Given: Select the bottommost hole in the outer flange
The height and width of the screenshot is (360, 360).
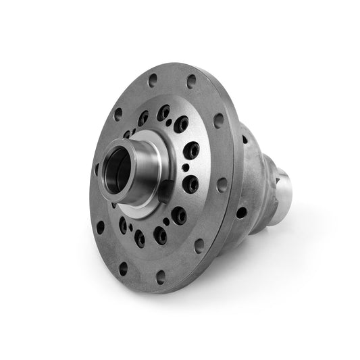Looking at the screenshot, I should tap(160, 276).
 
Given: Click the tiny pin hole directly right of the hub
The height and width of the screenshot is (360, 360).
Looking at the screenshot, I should tap(185, 168).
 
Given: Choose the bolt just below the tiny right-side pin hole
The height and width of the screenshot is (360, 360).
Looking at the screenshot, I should tap(192, 184).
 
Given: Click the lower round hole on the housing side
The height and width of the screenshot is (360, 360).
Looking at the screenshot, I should tap(241, 212).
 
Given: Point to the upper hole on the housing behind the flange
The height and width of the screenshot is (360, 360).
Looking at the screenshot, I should tap(246, 140).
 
